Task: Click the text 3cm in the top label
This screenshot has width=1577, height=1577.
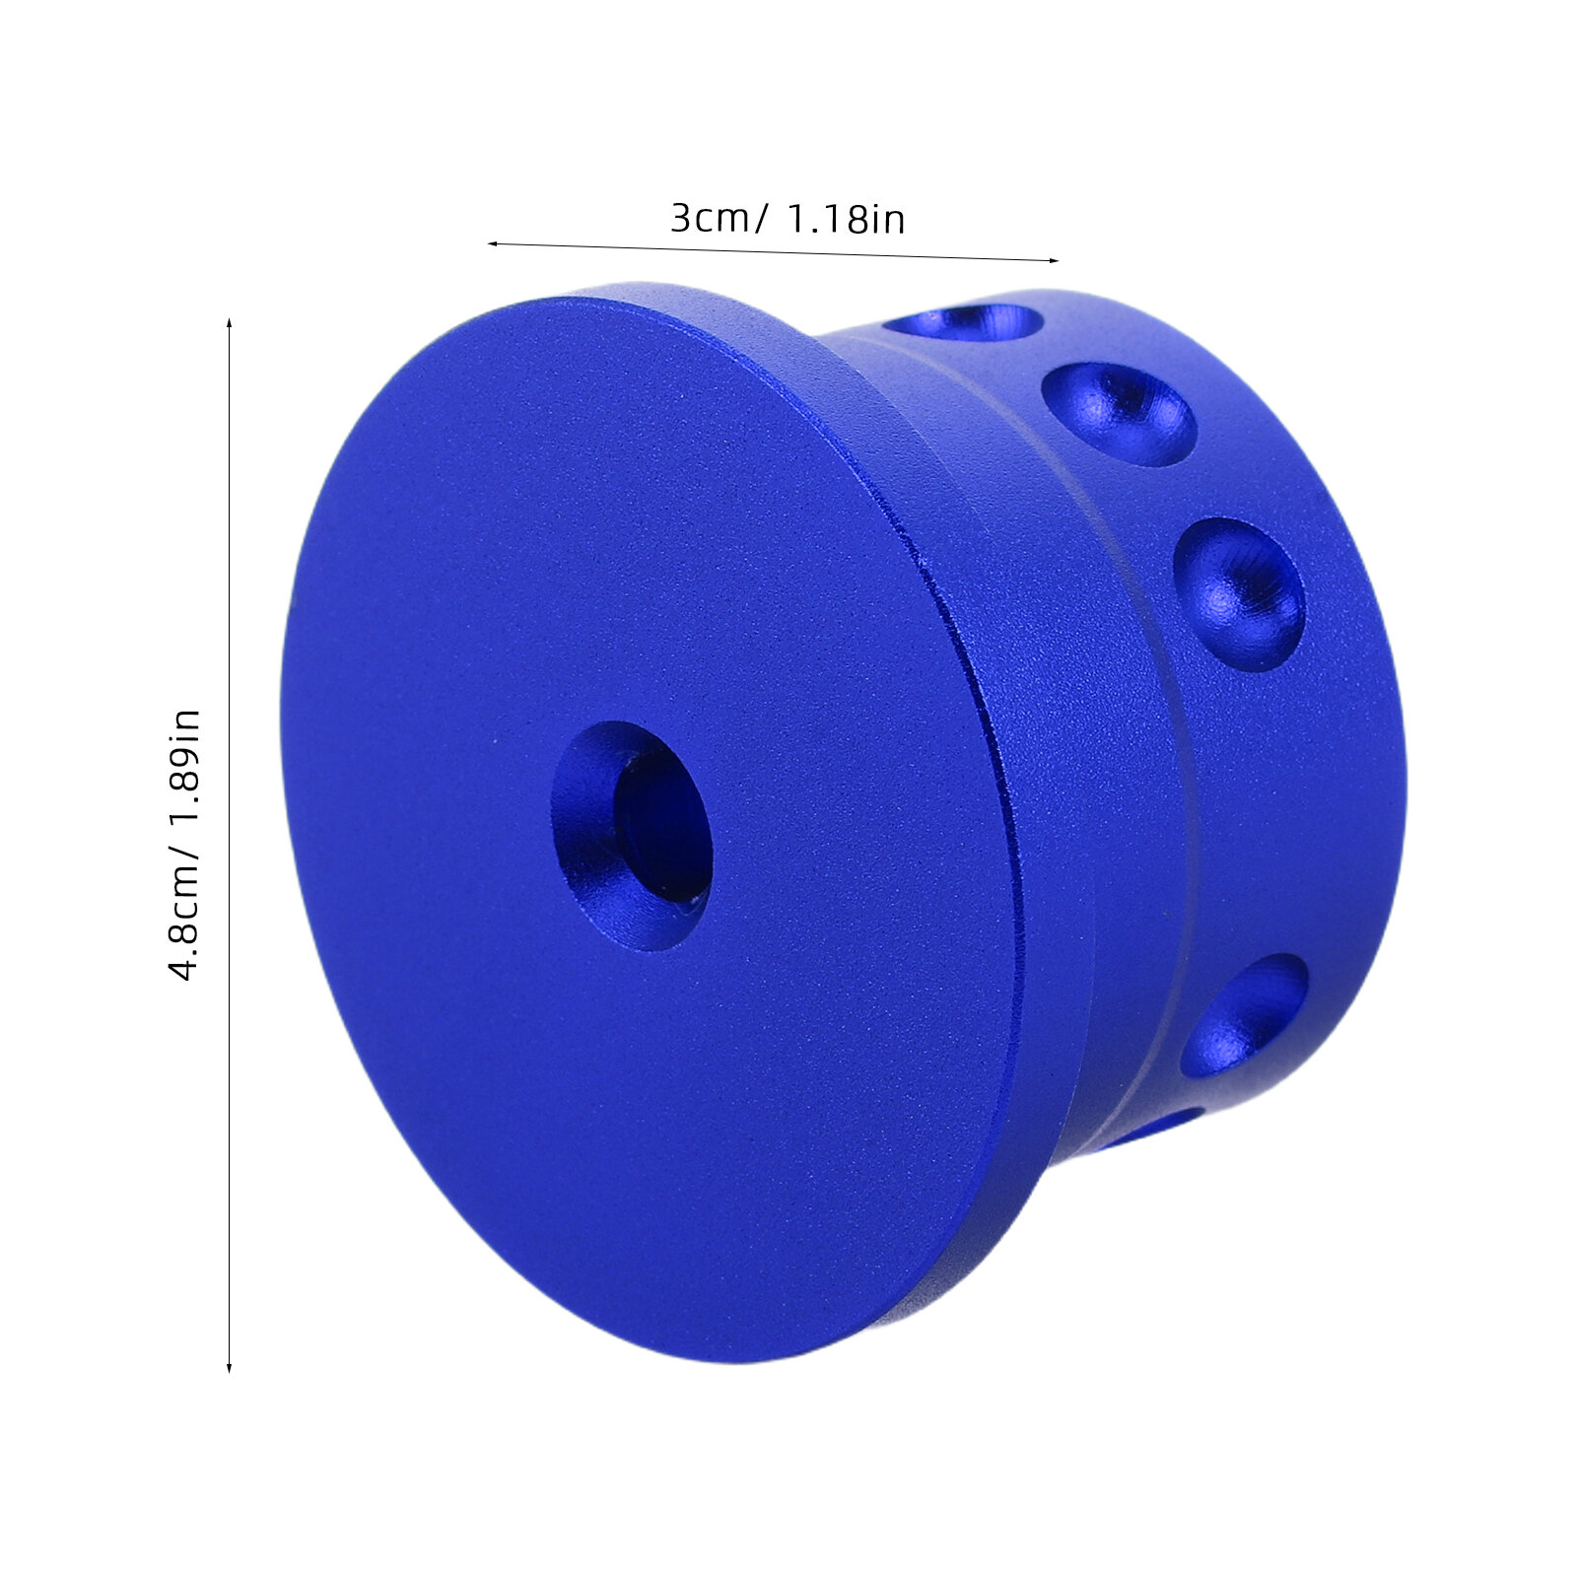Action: (x=709, y=218)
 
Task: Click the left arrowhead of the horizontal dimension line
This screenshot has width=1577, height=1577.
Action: (x=493, y=243)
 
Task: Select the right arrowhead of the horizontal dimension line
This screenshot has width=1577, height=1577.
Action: (x=1053, y=260)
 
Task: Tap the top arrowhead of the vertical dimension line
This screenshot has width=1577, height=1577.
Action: (x=229, y=325)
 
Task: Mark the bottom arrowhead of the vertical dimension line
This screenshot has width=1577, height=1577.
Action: (x=229, y=1366)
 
